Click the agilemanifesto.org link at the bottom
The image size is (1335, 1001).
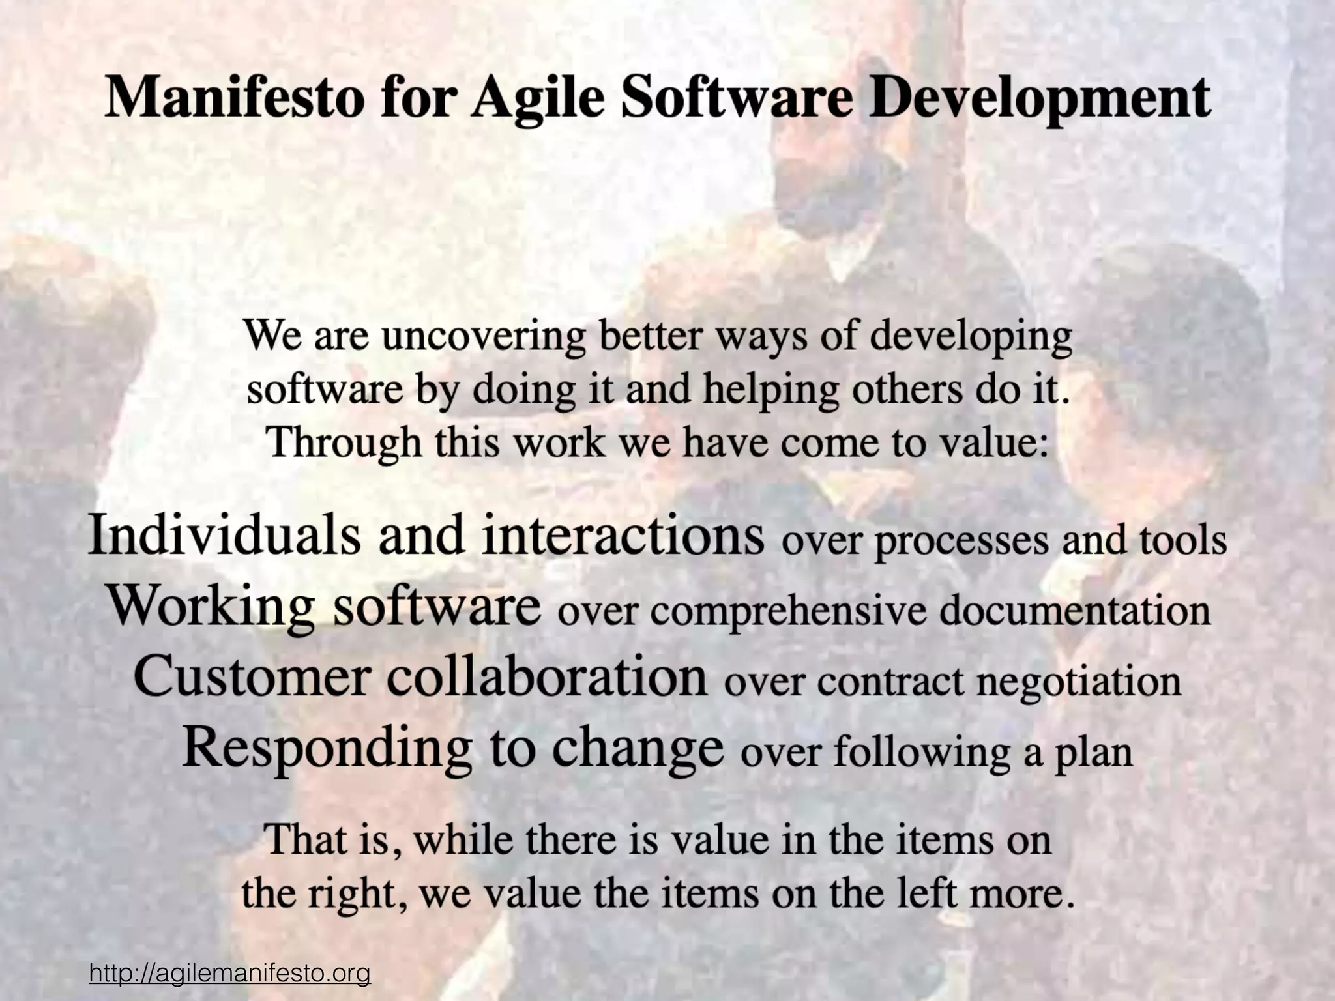(x=229, y=974)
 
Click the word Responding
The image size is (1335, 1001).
(x=327, y=748)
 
